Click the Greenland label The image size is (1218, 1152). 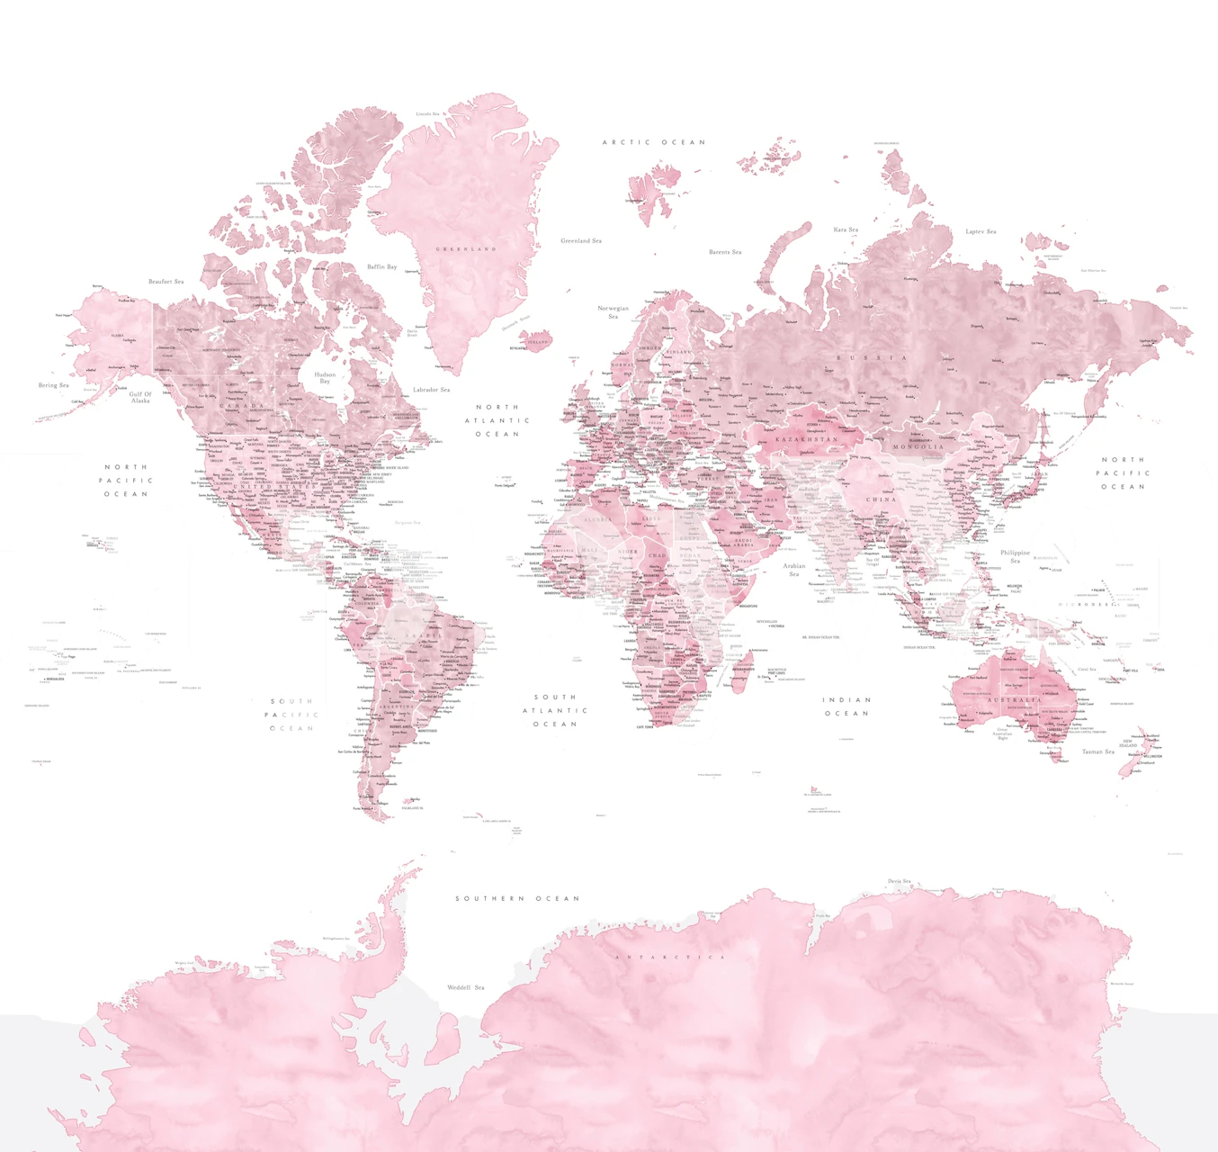point(466,249)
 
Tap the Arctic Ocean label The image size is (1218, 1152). point(654,142)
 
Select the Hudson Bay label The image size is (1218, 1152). point(325,377)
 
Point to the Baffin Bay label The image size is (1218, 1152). point(382,266)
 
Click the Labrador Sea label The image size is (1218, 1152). point(432,390)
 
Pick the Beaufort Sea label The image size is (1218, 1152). point(166,282)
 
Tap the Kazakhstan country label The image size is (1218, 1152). point(807,439)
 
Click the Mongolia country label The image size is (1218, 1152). point(918,446)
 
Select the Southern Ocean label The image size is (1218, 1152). point(517,898)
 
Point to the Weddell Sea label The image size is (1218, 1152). point(466,987)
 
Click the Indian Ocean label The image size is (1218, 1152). point(846,706)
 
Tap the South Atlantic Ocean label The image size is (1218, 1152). point(555,710)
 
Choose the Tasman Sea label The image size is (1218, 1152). point(1098,751)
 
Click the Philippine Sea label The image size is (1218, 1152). point(1015,556)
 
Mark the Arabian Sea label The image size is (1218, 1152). point(794,570)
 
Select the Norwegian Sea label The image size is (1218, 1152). point(613,311)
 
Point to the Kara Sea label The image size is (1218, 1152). point(846,229)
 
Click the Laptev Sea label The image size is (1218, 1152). point(981,231)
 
